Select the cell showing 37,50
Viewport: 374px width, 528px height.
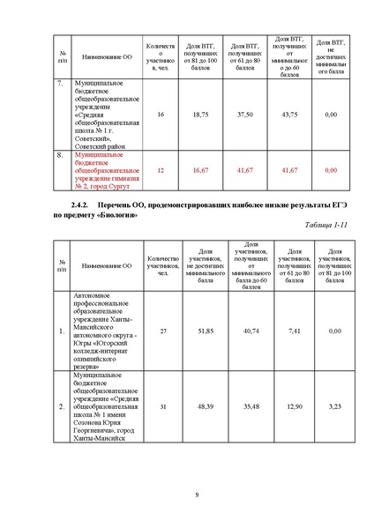245,115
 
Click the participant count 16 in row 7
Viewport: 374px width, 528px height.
160,115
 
